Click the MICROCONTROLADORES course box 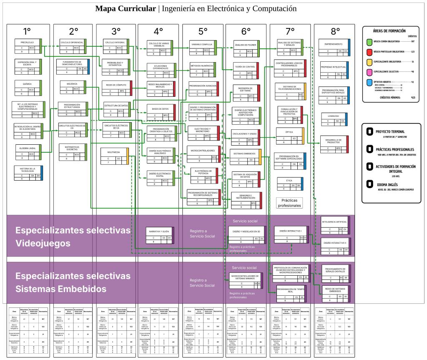[202, 153]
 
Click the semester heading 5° [203, 31]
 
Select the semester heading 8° [335, 31]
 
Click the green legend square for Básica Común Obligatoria [369, 42]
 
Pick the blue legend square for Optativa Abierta [369, 82]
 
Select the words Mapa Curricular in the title [125, 8]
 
